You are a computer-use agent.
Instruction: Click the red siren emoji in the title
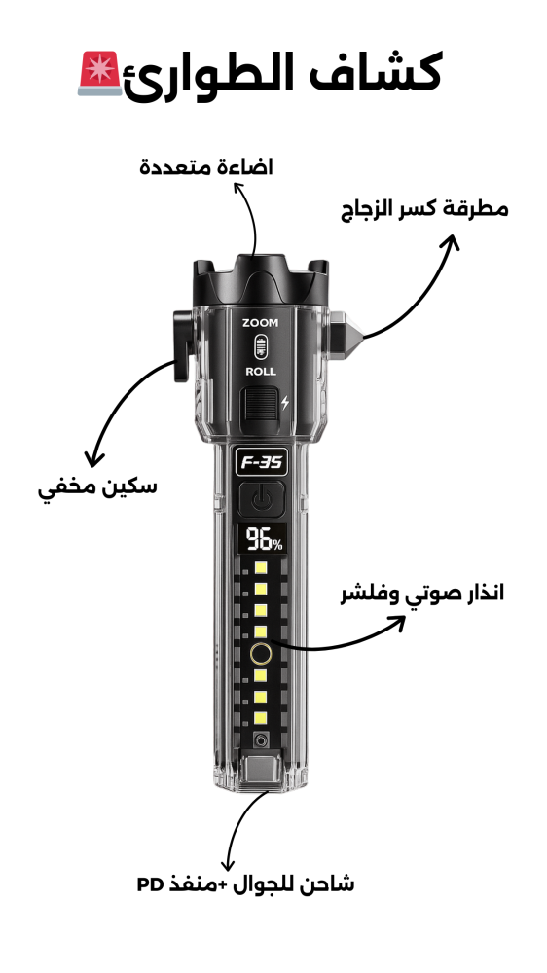pyautogui.click(x=99, y=73)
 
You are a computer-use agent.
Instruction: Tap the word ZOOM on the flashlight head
pyautogui.click(x=260, y=323)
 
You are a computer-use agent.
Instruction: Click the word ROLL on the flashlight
pyautogui.click(x=261, y=372)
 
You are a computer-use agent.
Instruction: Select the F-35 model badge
pyautogui.click(x=262, y=462)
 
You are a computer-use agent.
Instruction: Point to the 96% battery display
pyautogui.click(x=263, y=539)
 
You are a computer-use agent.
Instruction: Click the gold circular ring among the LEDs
pyautogui.click(x=261, y=654)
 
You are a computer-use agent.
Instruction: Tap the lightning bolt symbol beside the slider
pyautogui.click(x=285, y=402)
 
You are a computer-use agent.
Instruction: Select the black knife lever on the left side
pyautogui.click(x=181, y=345)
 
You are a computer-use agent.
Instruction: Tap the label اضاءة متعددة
pyautogui.click(x=205, y=167)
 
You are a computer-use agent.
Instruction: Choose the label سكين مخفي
pyautogui.click(x=97, y=487)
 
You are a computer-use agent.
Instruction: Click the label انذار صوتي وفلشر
pyautogui.click(x=422, y=594)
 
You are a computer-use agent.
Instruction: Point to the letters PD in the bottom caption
pyautogui.click(x=150, y=884)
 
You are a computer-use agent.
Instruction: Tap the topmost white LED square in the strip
pyautogui.click(x=261, y=568)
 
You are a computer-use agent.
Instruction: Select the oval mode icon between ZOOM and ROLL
pyautogui.click(x=261, y=347)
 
